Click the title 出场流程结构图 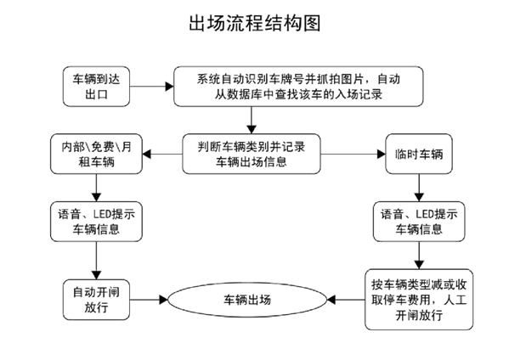tap(255, 24)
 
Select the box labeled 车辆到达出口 tap(96, 87)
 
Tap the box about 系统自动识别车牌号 tap(298, 87)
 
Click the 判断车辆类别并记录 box tap(252, 154)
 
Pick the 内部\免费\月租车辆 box tap(96, 154)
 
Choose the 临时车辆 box tap(419, 154)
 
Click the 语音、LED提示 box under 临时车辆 tap(419, 222)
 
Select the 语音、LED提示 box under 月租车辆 tap(96, 222)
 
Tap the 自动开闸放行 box tap(96, 300)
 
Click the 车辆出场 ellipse tap(247, 300)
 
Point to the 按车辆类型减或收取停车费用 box tap(419, 300)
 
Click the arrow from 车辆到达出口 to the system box tap(151, 87)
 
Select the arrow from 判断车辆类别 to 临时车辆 tap(353, 154)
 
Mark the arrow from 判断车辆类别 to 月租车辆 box tap(162, 154)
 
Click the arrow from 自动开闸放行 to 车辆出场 tap(149, 300)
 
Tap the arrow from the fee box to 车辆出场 tap(346, 300)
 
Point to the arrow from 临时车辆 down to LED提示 tap(419, 188)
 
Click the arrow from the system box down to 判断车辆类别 tap(252, 120)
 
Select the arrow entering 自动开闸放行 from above tap(96, 261)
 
